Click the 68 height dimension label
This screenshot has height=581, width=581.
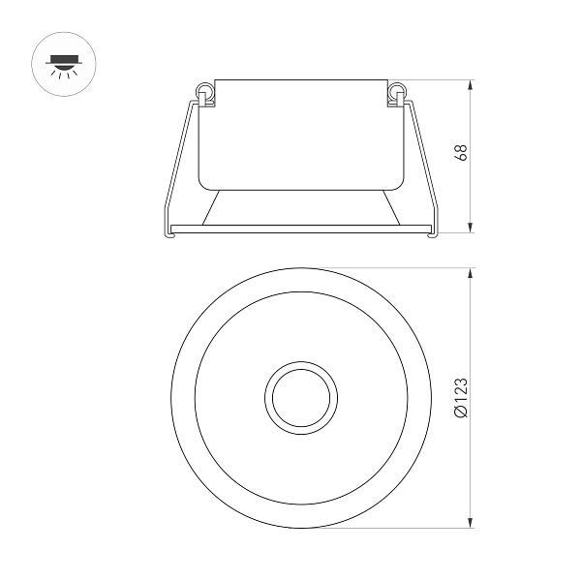click(x=462, y=154)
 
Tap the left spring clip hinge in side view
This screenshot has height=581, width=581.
click(x=205, y=93)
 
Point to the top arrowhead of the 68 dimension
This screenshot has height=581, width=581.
click(x=472, y=84)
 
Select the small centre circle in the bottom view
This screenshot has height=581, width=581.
click(x=300, y=397)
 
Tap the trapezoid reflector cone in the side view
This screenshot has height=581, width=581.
click(x=300, y=204)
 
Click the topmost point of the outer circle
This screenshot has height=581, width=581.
click(x=300, y=268)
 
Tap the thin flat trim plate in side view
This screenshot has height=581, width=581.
click(x=300, y=229)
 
